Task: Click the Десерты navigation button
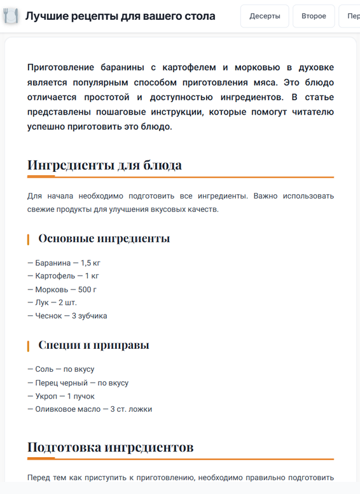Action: click(265, 16)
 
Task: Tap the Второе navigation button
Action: click(314, 16)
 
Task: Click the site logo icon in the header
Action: click(11, 16)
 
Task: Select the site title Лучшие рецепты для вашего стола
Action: click(120, 16)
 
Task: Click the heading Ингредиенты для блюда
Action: click(104, 166)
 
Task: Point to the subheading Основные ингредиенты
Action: click(104, 239)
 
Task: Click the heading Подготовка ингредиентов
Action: click(110, 448)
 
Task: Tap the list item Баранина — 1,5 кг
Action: click(64, 262)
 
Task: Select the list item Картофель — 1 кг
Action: click(63, 276)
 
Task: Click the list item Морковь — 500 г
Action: click(62, 289)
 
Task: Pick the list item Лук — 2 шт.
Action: click(52, 302)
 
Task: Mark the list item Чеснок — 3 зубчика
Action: click(67, 316)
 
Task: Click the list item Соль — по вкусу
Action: click(60, 369)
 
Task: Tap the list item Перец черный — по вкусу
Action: click(78, 383)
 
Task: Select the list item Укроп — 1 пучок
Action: click(60, 396)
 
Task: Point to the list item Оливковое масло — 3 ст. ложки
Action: click(90, 409)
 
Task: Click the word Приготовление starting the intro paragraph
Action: click(61, 67)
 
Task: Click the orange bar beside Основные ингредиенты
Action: click(28, 239)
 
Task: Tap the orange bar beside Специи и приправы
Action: click(28, 346)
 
